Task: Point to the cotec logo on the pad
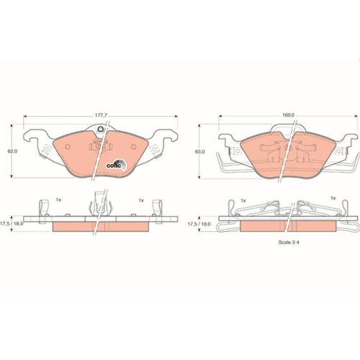(x=115, y=163)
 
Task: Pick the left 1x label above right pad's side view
(x=243, y=199)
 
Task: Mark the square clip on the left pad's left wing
(x=46, y=150)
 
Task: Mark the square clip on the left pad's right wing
(x=153, y=150)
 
